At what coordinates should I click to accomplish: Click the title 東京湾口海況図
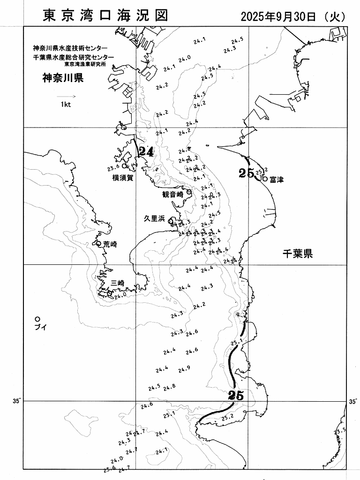(x=105, y=15)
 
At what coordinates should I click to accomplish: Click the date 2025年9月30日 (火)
(x=293, y=17)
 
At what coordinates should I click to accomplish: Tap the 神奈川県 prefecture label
(x=63, y=78)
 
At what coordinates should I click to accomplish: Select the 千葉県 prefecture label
(x=297, y=254)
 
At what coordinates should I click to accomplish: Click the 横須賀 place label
(x=123, y=178)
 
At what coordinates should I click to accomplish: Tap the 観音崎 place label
(x=172, y=194)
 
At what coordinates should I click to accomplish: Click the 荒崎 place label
(x=111, y=244)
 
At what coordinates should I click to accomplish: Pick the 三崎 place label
(x=118, y=283)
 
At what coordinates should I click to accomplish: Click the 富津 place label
(x=277, y=180)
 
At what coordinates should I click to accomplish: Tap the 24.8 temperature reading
(x=170, y=386)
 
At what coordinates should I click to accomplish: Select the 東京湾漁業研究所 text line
(x=85, y=63)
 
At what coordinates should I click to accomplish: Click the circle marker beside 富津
(x=265, y=179)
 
